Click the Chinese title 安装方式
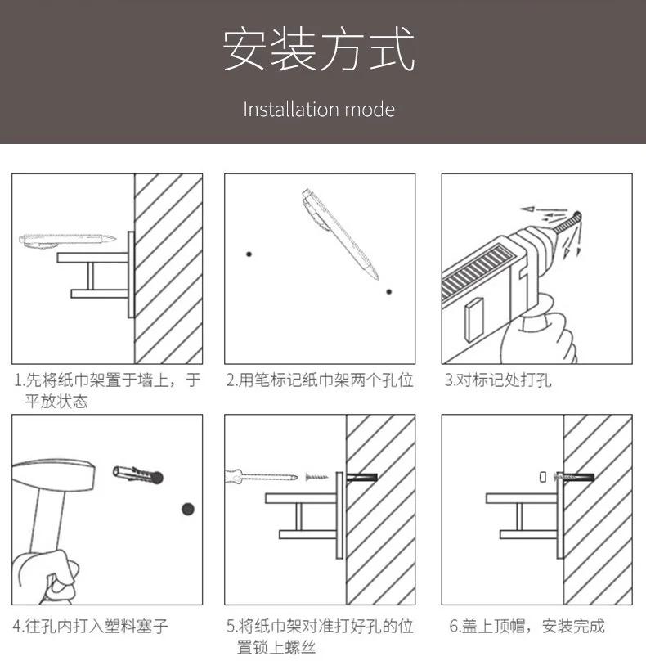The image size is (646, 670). click(x=319, y=50)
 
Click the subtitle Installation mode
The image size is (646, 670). click(x=319, y=110)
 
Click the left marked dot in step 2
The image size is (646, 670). click(x=249, y=254)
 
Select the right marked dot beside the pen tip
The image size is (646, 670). click(x=389, y=291)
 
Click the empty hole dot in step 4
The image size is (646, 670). click(x=188, y=509)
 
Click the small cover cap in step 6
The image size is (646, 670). click(x=541, y=475)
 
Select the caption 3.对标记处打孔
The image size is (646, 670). click(x=498, y=380)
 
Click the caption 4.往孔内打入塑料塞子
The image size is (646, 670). click(x=91, y=627)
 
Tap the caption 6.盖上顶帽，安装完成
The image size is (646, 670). click(x=527, y=627)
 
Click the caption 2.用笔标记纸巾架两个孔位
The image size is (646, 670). click(x=319, y=380)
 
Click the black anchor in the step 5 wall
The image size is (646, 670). click(x=362, y=476)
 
